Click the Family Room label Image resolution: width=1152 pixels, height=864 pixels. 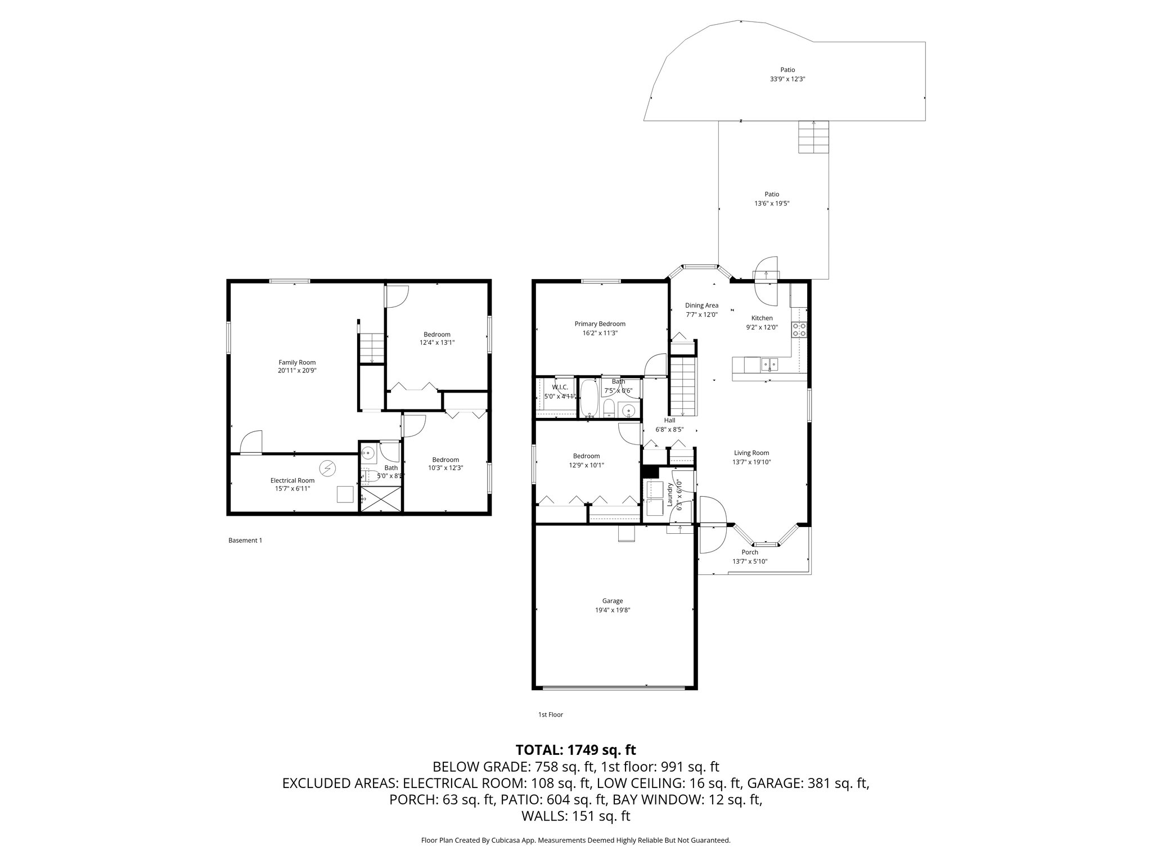[297, 362]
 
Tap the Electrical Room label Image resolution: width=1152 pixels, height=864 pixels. [292, 480]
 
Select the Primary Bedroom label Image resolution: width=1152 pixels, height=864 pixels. [600, 324]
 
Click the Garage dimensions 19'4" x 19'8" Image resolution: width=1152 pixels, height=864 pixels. [613, 610]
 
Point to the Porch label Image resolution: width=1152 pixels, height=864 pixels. [750, 552]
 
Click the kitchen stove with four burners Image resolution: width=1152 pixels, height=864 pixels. [799, 329]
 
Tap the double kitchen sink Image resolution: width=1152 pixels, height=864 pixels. [769, 365]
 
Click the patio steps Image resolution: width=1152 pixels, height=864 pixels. [813, 137]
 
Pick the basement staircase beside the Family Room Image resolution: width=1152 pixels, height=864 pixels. [371, 348]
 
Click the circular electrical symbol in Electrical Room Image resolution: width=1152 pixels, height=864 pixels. [327, 467]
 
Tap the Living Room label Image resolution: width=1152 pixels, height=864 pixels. [751, 453]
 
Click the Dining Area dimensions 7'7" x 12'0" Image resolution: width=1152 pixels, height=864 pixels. [701, 315]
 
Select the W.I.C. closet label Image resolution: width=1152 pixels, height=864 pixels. [560, 388]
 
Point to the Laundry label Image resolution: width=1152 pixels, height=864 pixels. [670, 494]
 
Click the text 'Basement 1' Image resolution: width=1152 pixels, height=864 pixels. [245, 541]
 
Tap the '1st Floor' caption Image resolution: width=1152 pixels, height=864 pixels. [550, 715]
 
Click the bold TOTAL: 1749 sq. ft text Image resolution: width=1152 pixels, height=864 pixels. [575, 750]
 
